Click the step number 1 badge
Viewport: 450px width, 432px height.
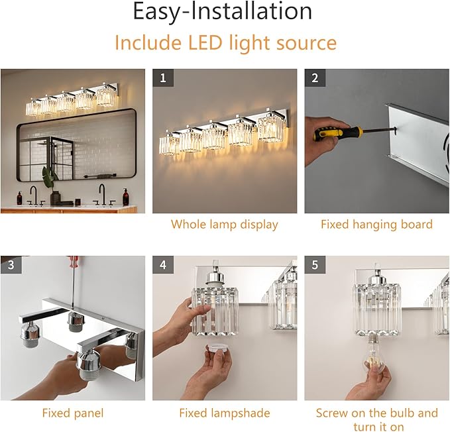click(x=163, y=78)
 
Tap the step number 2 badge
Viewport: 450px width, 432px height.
click(x=315, y=78)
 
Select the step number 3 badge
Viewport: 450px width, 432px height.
click(x=11, y=264)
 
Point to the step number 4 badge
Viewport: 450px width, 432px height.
click(x=163, y=264)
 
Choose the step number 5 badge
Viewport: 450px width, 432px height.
click(x=315, y=264)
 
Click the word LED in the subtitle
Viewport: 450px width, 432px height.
click(x=205, y=42)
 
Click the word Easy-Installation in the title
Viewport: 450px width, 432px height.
click(x=223, y=11)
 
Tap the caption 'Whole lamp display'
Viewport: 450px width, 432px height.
click(x=225, y=225)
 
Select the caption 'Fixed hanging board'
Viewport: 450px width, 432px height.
click(x=376, y=225)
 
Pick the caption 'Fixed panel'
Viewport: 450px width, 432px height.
click(x=73, y=413)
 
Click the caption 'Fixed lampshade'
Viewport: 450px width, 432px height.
click(x=225, y=413)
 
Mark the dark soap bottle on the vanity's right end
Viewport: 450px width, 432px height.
click(x=126, y=197)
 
